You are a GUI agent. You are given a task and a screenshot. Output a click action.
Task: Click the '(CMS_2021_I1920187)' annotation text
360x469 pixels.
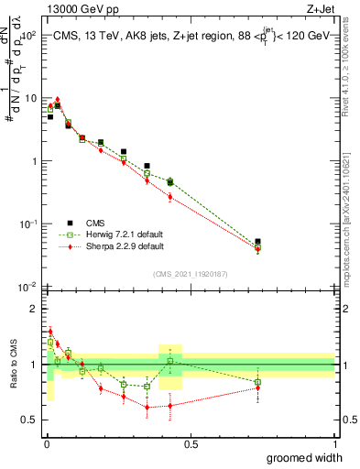pos(191,274)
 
